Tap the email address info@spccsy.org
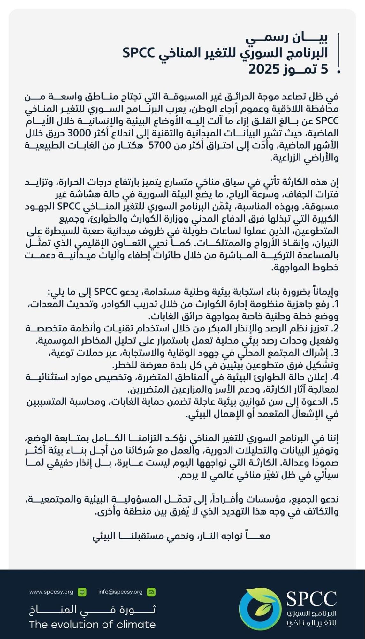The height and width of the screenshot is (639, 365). [x=120, y=592]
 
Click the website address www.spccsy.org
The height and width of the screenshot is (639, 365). [x=51, y=592]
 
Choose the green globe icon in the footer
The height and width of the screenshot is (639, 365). [x=82, y=592]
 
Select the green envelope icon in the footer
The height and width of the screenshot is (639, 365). [x=151, y=592]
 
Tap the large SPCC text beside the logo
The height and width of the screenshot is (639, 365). [x=311, y=599]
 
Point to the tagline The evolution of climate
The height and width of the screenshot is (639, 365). [x=92, y=624]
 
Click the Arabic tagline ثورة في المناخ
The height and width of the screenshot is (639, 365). [x=92, y=610]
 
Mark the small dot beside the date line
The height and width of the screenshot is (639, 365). [x=339, y=72]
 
